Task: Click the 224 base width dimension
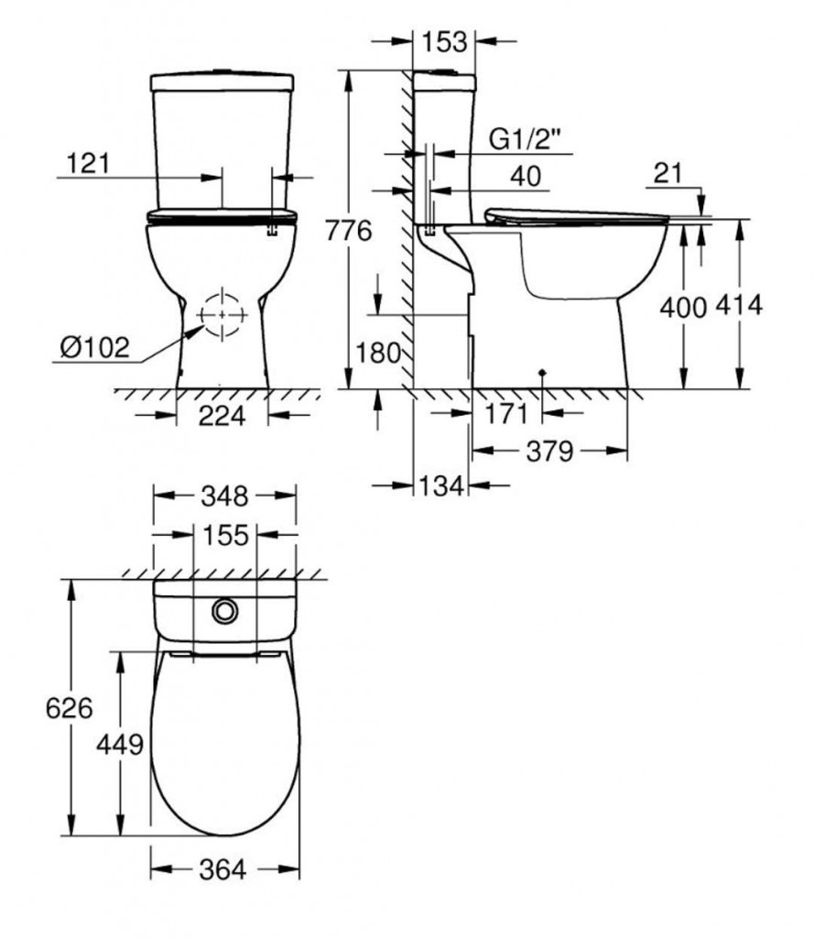tap(222, 416)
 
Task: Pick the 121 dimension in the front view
tap(89, 163)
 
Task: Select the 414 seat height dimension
tap(740, 307)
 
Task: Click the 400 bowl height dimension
tap(683, 308)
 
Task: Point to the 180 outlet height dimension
tap(376, 352)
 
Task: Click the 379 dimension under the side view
tap(549, 451)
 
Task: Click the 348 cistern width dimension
tap(224, 496)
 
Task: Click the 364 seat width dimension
tap(224, 869)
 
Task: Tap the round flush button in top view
tap(223, 609)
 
